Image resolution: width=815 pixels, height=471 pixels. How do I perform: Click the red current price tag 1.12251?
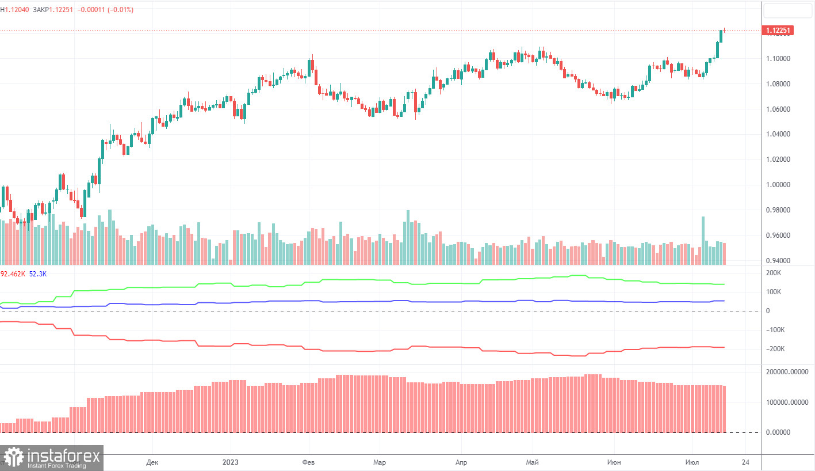(777, 31)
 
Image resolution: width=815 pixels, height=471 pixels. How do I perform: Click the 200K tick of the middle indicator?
(774, 273)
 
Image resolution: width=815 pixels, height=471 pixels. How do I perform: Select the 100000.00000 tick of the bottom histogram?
(786, 402)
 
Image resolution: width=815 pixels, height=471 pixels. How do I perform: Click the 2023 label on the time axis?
(231, 462)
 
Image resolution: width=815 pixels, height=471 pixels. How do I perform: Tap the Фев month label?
(309, 462)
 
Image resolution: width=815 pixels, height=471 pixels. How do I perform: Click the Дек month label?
(152, 462)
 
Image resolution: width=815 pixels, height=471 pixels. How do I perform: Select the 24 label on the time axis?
(746, 462)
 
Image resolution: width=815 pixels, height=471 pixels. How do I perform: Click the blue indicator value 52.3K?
(38, 274)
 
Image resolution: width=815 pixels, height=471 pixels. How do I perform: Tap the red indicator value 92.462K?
(13, 274)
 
